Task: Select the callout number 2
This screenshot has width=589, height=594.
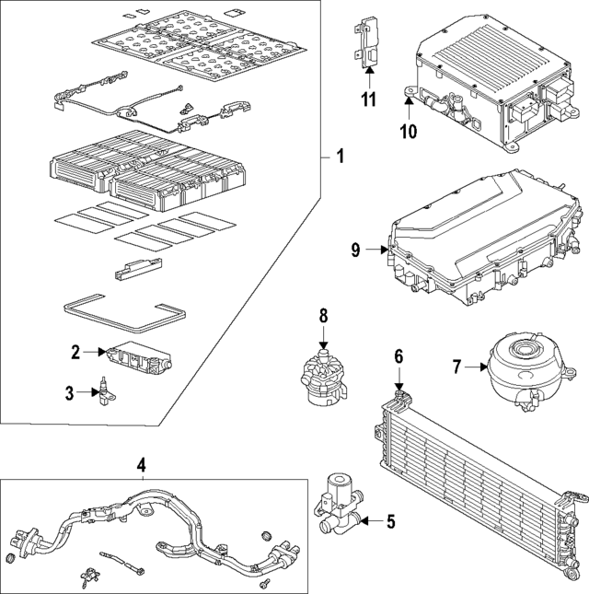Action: coord(77,351)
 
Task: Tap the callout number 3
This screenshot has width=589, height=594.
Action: coord(69,394)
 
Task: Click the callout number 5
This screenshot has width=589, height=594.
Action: coord(390,522)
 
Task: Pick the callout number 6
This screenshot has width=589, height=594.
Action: coord(398,356)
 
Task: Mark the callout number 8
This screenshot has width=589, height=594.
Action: coord(323,316)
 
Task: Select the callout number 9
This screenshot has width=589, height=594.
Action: coord(368,249)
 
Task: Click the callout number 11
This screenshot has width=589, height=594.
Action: coord(368,99)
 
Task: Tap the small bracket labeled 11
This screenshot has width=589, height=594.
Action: coord(367,42)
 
